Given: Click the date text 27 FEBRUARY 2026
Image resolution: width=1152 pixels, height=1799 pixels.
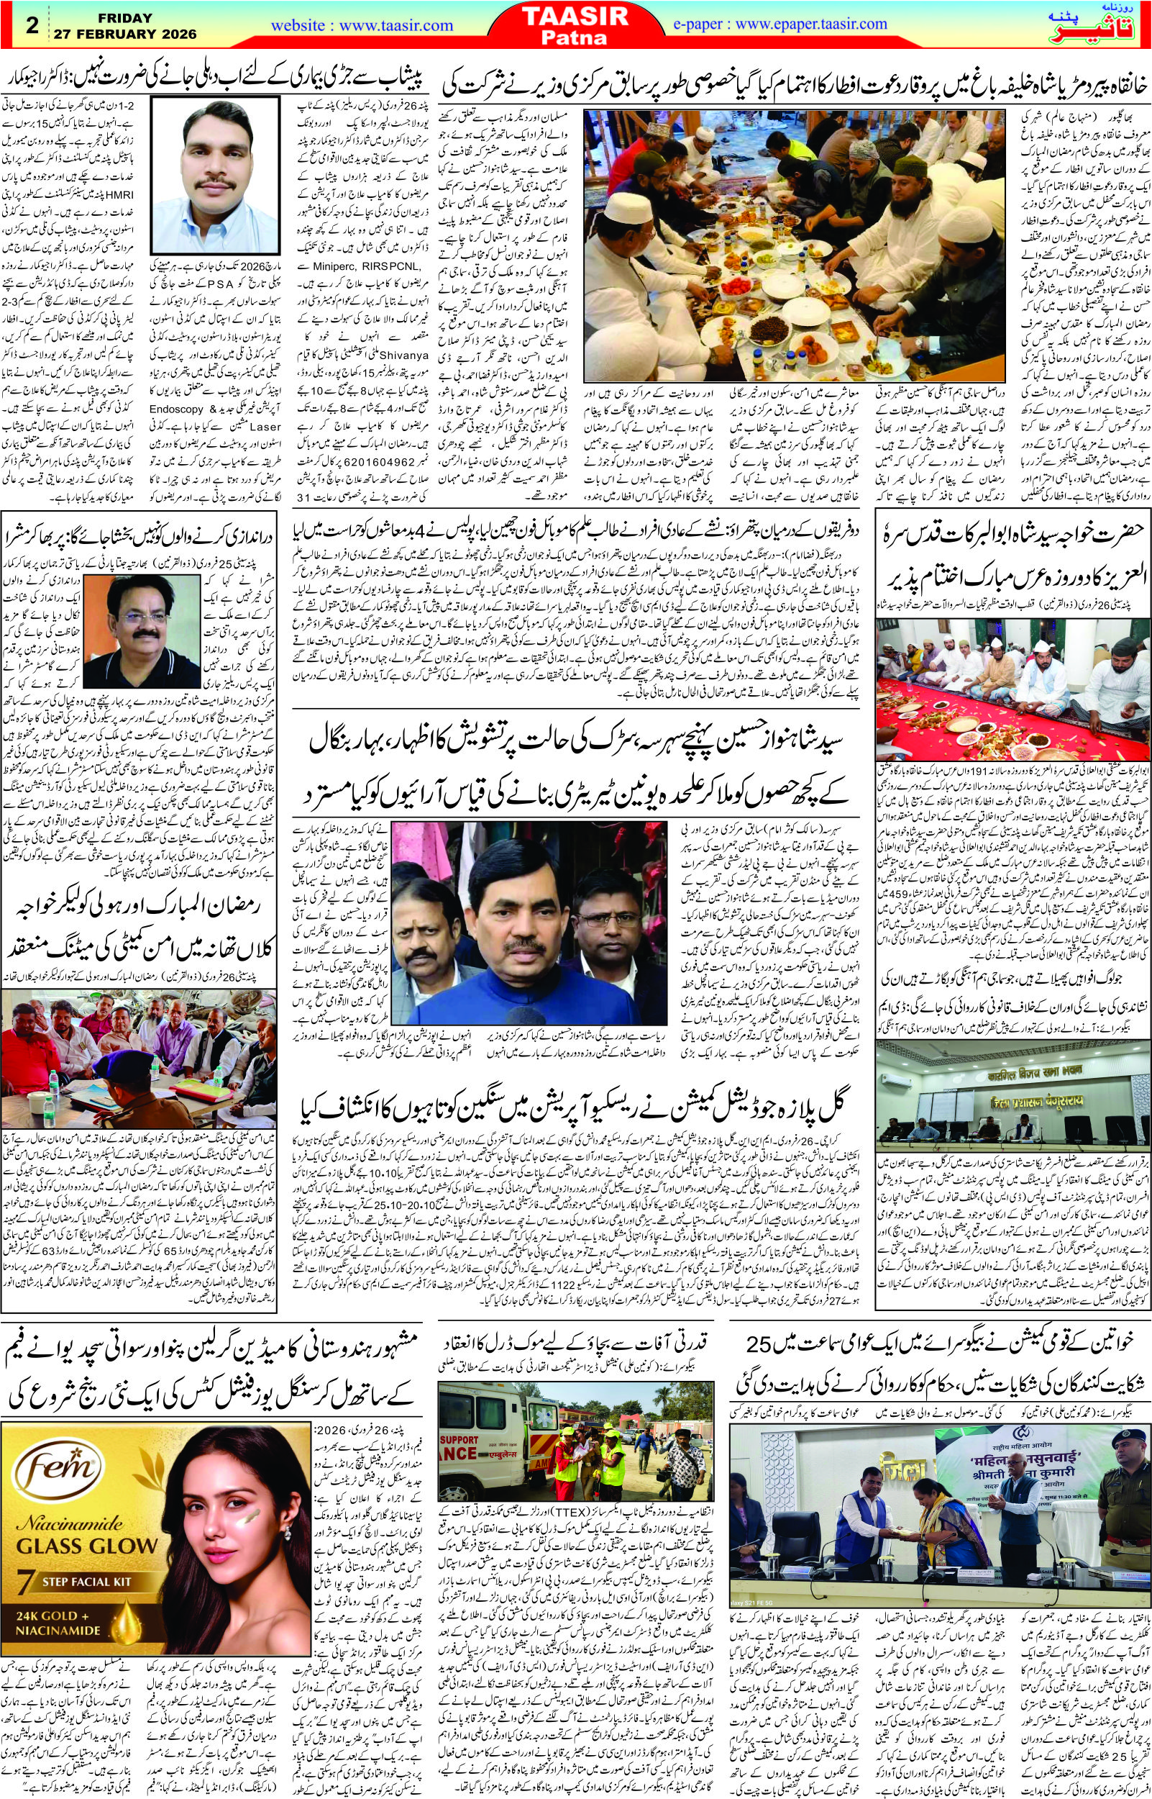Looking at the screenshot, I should pyautogui.click(x=125, y=34).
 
